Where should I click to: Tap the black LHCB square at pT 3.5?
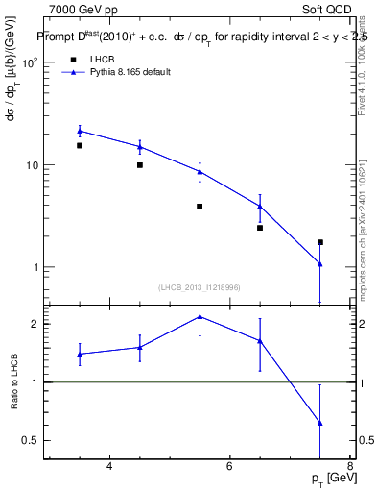coord(80,146)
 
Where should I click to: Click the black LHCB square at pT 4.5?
coord(140,165)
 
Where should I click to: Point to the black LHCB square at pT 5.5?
coord(200,207)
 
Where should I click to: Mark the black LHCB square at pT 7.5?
coord(320,242)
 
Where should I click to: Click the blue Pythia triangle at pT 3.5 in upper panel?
coord(80,131)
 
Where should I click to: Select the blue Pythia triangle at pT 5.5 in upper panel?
coord(200,172)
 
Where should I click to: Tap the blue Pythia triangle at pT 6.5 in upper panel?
coord(260,206)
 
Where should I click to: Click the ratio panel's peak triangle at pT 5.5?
coord(200,316)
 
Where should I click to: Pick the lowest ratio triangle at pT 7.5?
coord(320,423)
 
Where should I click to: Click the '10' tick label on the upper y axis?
coord(31,165)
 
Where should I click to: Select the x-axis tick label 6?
coord(229,468)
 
